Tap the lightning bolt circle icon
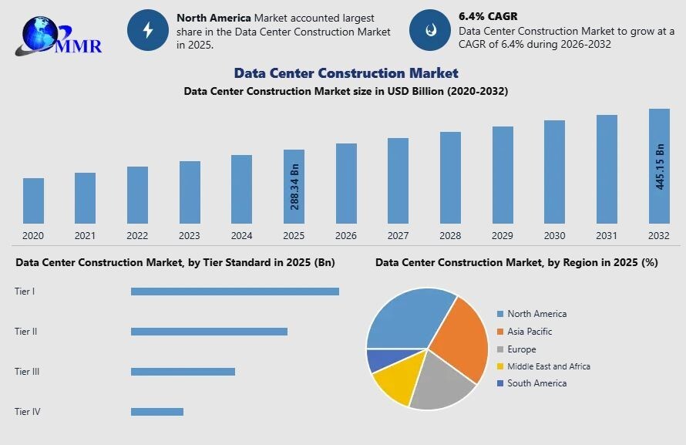click(x=147, y=30)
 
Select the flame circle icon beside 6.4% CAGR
click(x=429, y=30)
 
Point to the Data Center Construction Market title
click(x=346, y=73)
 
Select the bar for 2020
click(x=33, y=201)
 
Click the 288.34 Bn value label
click(x=294, y=187)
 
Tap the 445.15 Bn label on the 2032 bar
click(x=660, y=167)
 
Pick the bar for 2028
click(x=450, y=177)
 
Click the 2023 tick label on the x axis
click(x=190, y=236)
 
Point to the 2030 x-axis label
click(x=554, y=236)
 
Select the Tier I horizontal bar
click(x=235, y=292)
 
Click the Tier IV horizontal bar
click(x=157, y=412)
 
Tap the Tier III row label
click(x=27, y=372)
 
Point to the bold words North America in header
click(x=214, y=17)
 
